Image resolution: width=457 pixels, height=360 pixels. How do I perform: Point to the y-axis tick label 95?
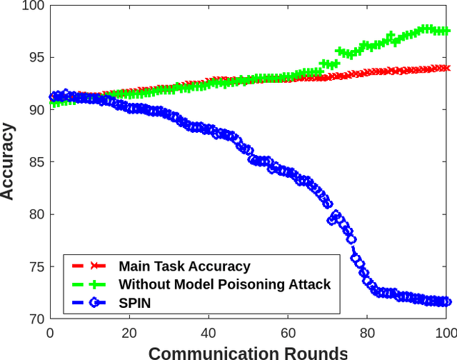point(35,58)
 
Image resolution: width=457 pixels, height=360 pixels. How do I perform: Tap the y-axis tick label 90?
point(35,110)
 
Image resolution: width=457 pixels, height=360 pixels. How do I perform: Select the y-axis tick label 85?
point(35,162)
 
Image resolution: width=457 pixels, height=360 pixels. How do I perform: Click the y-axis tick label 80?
point(35,214)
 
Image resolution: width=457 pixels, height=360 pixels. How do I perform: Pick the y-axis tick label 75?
point(35,267)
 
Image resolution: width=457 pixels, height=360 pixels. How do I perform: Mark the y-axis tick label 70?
point(35,319)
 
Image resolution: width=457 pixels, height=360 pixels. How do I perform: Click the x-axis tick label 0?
point(50,332)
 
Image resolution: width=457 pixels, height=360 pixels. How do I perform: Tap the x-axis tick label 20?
point(129,332)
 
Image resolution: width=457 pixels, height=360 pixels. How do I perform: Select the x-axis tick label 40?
point(209,332)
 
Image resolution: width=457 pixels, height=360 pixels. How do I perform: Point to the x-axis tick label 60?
point(288,332)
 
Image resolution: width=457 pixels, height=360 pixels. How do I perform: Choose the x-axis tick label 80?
point(367,332)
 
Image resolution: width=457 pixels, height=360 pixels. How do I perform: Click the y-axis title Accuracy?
point(9,161)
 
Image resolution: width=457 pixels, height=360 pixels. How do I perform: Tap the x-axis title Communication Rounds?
point(248,351)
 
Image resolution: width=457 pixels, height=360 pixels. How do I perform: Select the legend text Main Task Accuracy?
point(184,266)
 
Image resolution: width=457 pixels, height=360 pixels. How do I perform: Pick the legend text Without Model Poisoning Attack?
point(224,284)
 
